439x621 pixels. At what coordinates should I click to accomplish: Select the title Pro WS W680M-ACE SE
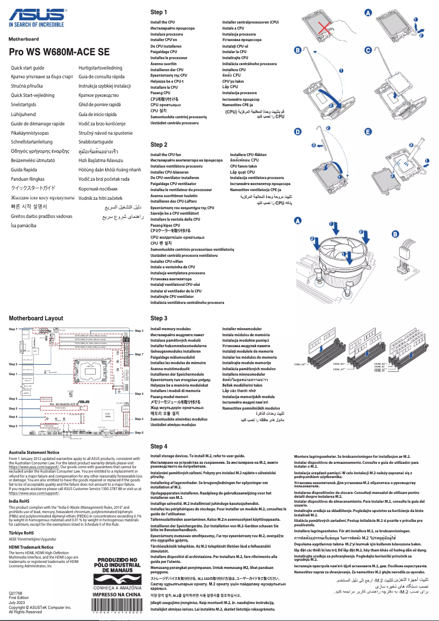pos(59,52)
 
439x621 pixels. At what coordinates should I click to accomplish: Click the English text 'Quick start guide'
pos(28,67)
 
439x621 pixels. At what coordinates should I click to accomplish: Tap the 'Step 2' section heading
pos(159,145)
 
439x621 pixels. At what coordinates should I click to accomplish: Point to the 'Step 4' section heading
pos(159,446)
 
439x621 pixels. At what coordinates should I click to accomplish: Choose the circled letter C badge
pos(368,50)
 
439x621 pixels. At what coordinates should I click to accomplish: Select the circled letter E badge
pos(368,132)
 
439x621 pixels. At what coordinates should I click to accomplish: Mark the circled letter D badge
pos(298,132)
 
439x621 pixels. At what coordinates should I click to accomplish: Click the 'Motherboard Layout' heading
pos(36,318)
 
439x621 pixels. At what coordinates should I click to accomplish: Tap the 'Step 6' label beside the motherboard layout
pos(139,432)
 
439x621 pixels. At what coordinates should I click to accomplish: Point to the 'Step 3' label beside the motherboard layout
pos(139,331)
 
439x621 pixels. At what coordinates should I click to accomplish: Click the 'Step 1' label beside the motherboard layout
pos(13,374)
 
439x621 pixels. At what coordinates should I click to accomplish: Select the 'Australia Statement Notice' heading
pos(34,452)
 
